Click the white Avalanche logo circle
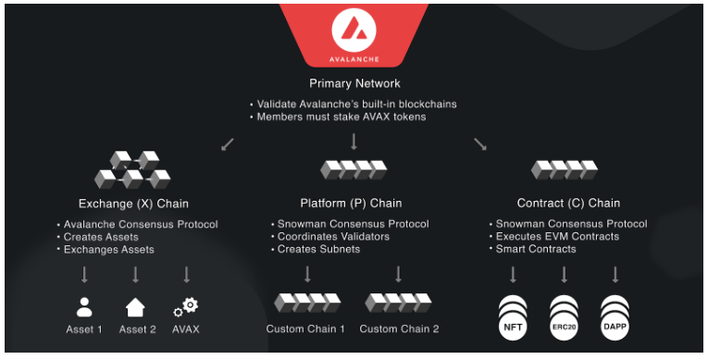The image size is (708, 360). [x=354, y=30]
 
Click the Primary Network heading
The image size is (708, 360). [x=354, y=83]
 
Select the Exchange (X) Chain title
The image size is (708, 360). [x=133, y=204]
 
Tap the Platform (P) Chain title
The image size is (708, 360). [x=351, y=204]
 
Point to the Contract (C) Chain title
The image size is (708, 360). [x=568, y=204]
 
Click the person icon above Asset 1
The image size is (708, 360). [x=84, y=306]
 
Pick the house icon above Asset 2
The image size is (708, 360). [x=135, y=307]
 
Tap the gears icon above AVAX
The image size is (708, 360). [x=186, y=306]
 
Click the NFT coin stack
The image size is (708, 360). [x=513, y=317]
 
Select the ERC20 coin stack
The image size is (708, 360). [x=564, y=317]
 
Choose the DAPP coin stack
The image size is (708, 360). [x=615, y=317]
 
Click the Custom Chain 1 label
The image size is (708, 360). [x=305, y=329]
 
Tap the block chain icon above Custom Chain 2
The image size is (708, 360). [x=398, y=304]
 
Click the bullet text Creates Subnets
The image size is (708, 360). [x=318, y=249]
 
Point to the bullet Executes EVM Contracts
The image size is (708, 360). [x=557, y=237]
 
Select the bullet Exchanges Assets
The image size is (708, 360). [x=109, y=250]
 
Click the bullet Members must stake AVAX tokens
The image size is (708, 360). [x=342, y=117]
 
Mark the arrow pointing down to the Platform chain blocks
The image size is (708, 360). [x=354, y=142]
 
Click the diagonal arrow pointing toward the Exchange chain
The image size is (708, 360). [x=228, y=144]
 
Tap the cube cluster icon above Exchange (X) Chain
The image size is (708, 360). [x=132, y=170]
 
